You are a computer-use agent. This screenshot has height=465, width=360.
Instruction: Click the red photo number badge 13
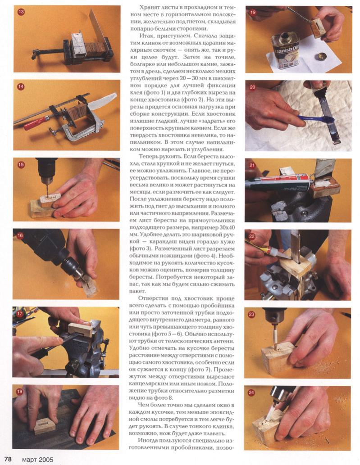tap(21, 12)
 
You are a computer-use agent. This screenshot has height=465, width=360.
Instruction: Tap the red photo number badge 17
tap(19, 313)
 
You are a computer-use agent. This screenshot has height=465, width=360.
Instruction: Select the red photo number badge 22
tap(252, 236)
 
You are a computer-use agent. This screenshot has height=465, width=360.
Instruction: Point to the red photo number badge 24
tap(251, 393)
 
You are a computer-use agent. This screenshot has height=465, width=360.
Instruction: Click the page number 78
tap(8, 459)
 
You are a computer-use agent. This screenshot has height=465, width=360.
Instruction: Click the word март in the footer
tap(30, 460)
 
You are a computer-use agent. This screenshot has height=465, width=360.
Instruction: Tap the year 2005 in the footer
tap(46, 459)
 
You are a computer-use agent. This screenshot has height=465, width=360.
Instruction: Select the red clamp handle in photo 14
tap(36, 123)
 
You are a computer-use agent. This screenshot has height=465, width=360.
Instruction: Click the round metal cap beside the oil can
tap(321, 56)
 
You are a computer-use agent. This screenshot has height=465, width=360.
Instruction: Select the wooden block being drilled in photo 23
tap(278, 358)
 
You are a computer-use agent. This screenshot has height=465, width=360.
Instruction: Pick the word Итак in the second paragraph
tap(146, 36)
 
